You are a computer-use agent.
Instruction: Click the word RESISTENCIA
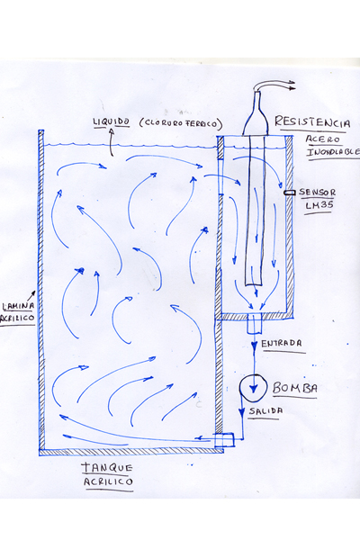(312, 122)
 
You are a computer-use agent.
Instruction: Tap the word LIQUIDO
(112, 121)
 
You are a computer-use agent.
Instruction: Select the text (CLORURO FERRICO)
(181, 123)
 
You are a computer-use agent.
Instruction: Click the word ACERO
(323, 139)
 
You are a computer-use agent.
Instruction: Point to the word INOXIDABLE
(333, 152)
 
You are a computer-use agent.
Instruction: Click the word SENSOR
(317, 193)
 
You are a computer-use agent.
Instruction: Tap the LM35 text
(319, 205)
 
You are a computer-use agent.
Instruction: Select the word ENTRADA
(282, 344)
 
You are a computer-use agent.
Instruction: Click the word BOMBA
(295, 388)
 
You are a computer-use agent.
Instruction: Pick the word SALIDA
(266, 411)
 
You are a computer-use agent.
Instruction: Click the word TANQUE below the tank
(107, 467)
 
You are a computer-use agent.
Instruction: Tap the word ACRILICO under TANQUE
(108, 481)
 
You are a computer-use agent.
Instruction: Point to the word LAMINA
(18, 306)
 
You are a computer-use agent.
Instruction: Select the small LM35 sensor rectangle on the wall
(290, 193)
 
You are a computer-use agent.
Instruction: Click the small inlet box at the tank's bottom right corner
(224, 440)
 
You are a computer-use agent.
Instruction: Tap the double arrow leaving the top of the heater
(275, 85)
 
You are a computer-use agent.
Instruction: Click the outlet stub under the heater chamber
(254, 324)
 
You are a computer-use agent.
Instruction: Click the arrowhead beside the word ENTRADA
(254, 345)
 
